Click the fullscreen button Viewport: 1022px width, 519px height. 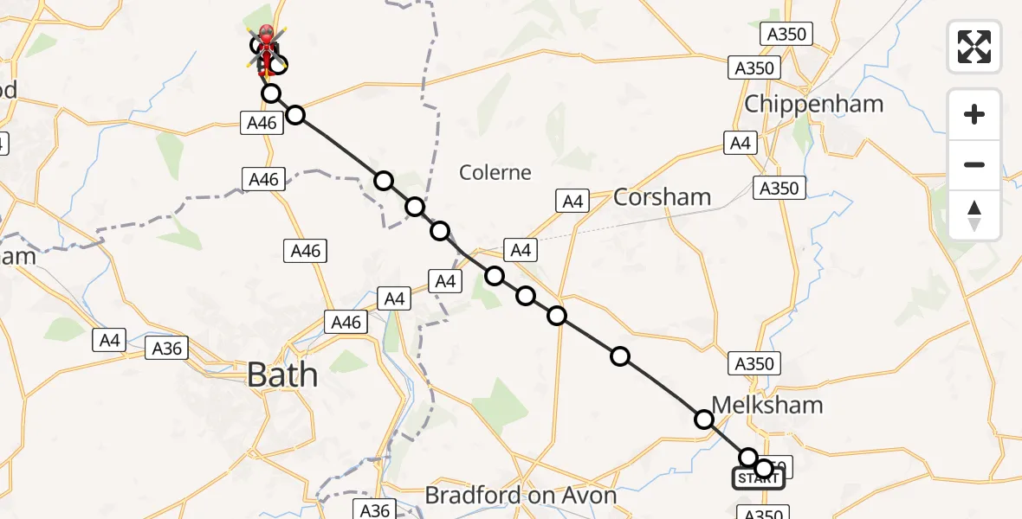click(974, 47)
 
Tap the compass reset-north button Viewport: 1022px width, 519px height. click(974, 215)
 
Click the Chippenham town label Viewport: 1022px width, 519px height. click(814, 104)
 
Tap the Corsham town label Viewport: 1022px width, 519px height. click(662, 197)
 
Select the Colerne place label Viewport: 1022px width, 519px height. click(495, 172)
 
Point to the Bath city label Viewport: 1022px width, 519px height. click(282, 375)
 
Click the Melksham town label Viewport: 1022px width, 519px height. click(767, 405)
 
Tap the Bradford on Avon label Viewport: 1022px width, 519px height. click(521, 496)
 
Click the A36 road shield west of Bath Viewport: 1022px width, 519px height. click(167, 348)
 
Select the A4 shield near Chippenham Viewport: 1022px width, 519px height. click(741, 144)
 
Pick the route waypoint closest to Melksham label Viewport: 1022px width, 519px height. click(704, 420)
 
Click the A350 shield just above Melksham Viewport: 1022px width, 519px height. click(753, 363)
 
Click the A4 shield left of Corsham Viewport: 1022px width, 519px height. click(572, 202)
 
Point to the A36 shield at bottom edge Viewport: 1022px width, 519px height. click(375, 509)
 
